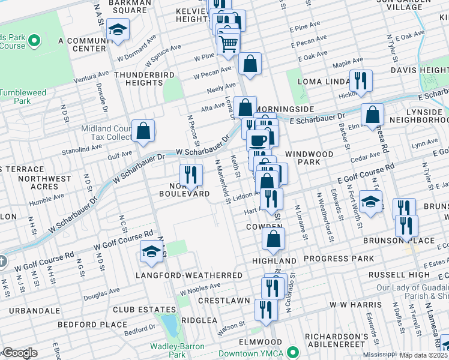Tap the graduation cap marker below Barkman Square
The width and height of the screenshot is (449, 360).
coord(119,29)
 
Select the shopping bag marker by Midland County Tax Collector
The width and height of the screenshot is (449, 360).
coord(143,130)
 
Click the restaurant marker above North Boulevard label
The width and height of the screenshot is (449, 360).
coord(191,175)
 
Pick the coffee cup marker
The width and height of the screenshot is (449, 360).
coord(258,140)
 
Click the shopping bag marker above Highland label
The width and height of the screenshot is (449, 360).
coord(273,238)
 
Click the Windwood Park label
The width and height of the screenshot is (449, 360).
coord(309,158)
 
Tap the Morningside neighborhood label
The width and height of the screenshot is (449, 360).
coord(285,109)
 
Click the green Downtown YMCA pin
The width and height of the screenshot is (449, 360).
coord(293,352)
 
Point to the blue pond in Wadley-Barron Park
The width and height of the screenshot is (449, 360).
coord(170,325)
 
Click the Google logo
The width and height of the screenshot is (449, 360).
coord(20,353)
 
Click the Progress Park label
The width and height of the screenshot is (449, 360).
coord(339,259)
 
